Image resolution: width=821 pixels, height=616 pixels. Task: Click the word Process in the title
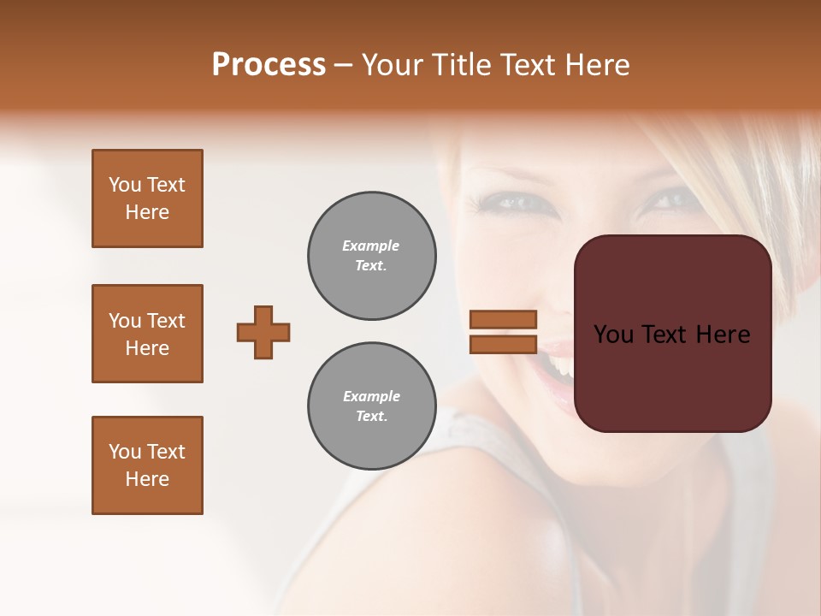click(269, 65)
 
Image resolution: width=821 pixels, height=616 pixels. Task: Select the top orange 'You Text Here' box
click(147, 198)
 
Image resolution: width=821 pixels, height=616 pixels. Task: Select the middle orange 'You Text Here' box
click(147, 334)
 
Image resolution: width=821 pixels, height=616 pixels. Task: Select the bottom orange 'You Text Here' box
click(147, 465)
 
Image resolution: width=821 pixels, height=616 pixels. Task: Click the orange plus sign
click(263, 332)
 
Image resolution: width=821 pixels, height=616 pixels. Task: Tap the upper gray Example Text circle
click(371, 256)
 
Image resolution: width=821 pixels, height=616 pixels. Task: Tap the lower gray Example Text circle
click(371, 406)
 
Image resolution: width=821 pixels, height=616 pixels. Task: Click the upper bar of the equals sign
click(503, 320)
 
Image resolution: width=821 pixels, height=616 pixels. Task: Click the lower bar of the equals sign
click(503, 344)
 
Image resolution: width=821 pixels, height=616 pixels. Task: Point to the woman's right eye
click(511, 203)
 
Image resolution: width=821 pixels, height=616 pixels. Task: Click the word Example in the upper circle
click(371, 246)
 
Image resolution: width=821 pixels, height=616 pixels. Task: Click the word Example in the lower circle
click(371, 396)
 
